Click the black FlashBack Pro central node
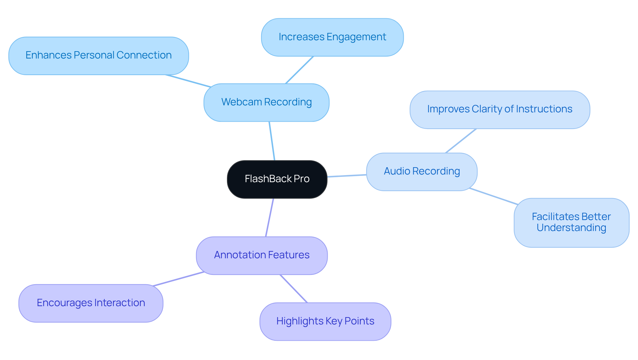click(x=277, y=179)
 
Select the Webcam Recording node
click(x=266, y=102)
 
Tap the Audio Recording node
click(x=421, y=172)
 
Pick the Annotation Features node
click(x=262, y=255)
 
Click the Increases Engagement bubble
click(x=332, y=37)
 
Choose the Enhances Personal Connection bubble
click(x=98, y=56)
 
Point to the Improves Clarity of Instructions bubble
click(x=499, y=109)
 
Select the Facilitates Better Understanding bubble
click(x=571, y=222)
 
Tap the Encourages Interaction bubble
click(x=91, y=303)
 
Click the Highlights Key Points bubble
click(x=325, y=321)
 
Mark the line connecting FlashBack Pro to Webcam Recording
click(x=272, y=141)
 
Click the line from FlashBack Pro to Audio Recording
click(x=347, y=176)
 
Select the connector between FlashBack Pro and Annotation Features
click(x=269, y=217)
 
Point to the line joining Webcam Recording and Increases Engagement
click(x=299, y=70)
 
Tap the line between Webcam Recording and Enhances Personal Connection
click(x=188, y=81)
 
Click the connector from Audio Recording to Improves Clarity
click(x=461, y=141)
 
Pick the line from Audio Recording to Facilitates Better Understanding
click(x=493, y=196)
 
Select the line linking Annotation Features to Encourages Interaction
click(x=178, y=279)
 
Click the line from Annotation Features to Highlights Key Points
click(x=294, y=289)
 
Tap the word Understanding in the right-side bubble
click(x=571, y=228)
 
